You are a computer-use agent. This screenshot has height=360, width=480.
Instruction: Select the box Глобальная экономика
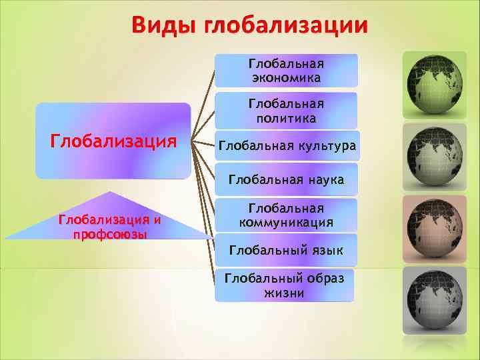[x=286, y=71]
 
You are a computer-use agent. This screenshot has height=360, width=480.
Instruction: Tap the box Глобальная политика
[x=286, y=111]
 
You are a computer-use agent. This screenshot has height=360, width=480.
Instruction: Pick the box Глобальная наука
[x=286, y=179]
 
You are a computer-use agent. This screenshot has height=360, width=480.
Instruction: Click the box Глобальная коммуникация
[x=286, y=215]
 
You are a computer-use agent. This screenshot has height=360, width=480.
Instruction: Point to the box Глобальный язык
[x=286, y=251]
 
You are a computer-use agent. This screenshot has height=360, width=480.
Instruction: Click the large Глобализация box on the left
[x=113, y=141]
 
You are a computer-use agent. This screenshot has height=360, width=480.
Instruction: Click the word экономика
[x=286, y=78]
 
